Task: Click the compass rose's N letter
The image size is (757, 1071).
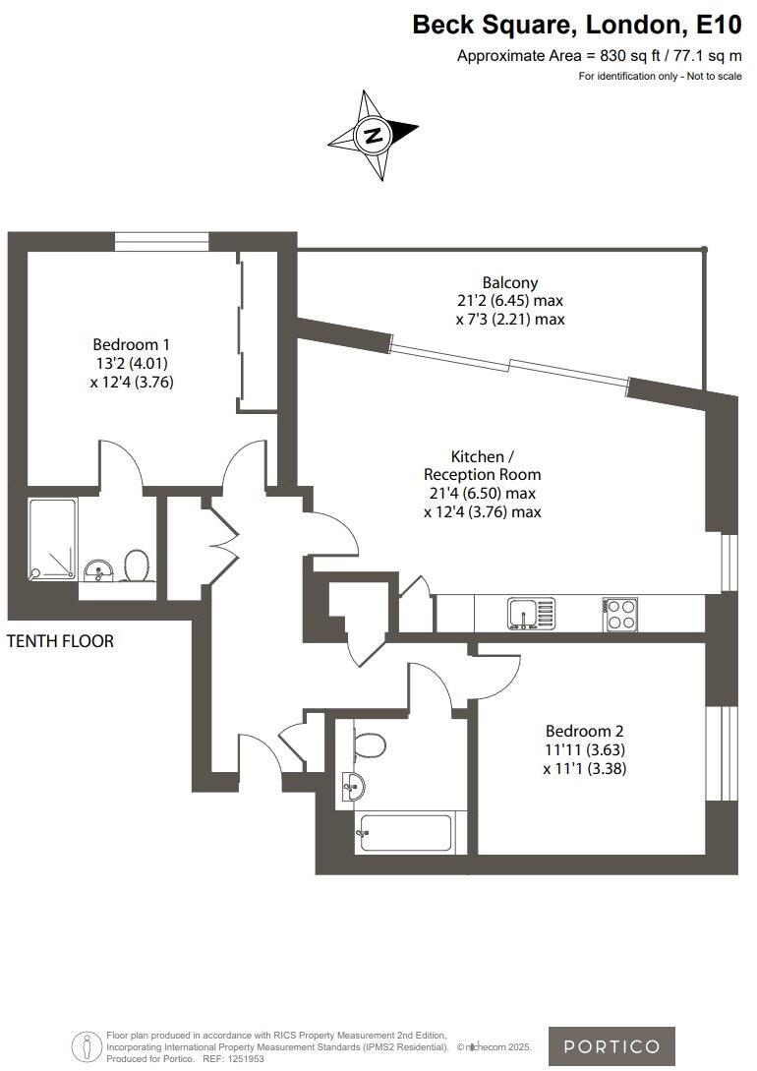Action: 374,136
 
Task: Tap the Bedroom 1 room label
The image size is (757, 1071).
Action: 132,344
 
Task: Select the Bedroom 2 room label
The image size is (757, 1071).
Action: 585,731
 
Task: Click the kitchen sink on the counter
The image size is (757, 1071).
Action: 531,613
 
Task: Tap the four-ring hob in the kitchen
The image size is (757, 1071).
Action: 619,614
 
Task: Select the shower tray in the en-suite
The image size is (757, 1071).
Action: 53,538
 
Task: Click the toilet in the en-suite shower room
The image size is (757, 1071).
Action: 136,565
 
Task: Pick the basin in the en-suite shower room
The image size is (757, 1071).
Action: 97,570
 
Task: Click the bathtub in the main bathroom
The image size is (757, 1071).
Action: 404,833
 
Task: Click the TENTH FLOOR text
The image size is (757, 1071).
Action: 60,641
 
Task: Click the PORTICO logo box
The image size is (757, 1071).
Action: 611,1045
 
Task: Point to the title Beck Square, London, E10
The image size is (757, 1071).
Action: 577,25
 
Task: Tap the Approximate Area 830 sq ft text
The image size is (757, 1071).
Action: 599,56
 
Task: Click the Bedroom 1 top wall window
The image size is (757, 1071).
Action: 160,241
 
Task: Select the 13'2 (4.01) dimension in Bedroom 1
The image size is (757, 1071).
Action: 132,364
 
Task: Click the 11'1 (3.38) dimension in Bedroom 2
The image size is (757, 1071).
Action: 585,768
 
